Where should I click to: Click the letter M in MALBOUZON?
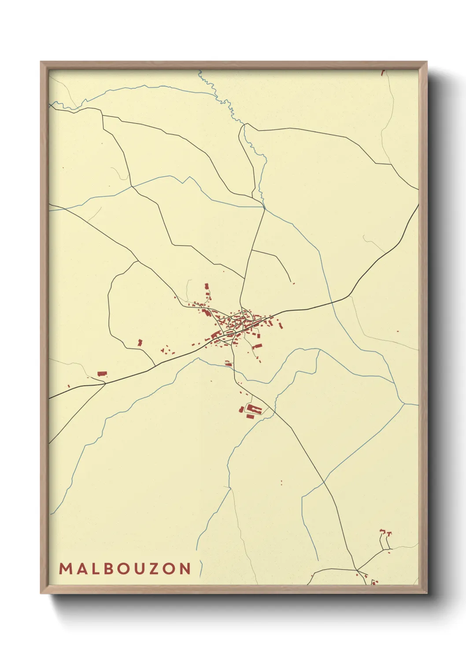(x=65, y=569)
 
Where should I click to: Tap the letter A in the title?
(x=81, y=569)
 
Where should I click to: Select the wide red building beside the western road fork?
(x=102, y=374)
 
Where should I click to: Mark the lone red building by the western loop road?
(x=140, y=342)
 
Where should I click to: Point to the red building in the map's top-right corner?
(x=383, y=71)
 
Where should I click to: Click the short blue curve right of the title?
(x=201, y=568)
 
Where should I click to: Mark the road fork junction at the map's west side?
(x=105, y=384)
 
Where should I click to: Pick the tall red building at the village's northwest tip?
(x=207, y=286)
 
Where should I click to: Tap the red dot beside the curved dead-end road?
(x=294, y=284)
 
